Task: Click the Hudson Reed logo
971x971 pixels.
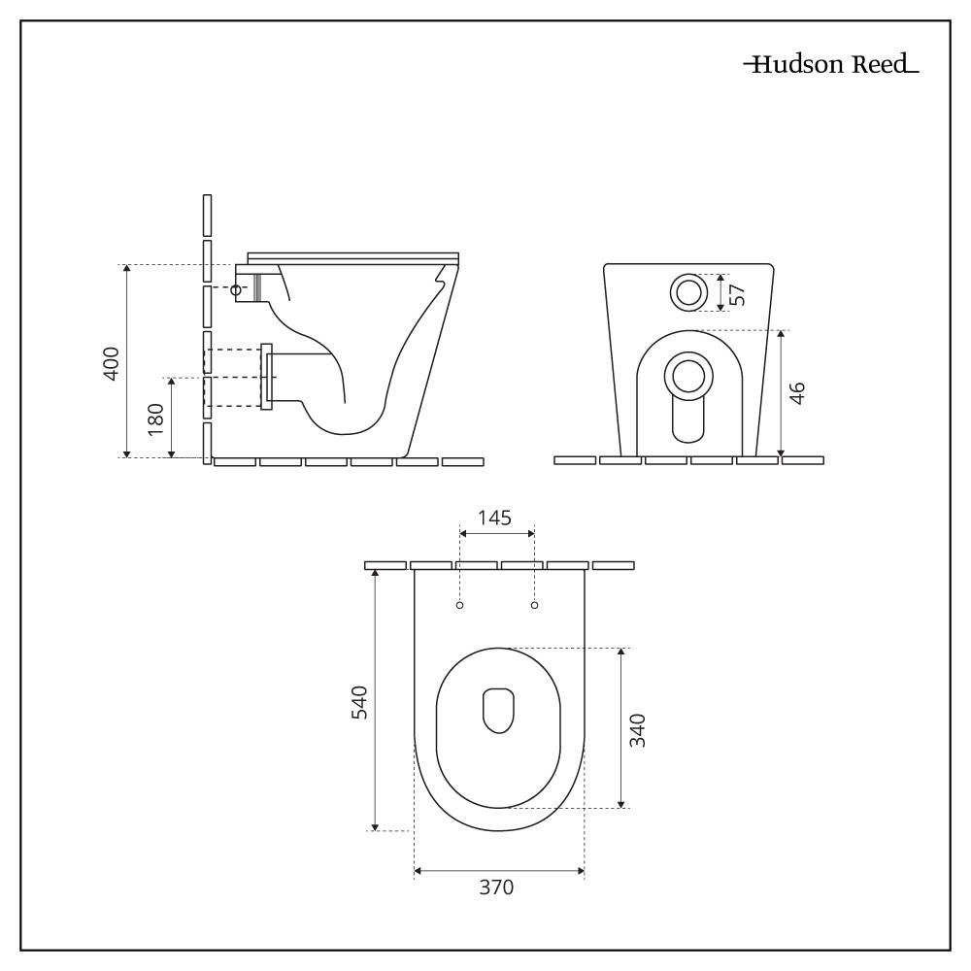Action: tap(831, 64)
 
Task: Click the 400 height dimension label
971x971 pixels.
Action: tap(112, 364)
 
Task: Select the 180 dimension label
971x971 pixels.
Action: tap(156, 419)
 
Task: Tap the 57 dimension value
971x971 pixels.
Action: tap(738, 294)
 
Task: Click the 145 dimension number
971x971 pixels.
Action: tap(495, 518)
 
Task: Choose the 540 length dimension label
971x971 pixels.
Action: tap(359, 702)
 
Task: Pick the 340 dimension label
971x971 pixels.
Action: tap(637, 730)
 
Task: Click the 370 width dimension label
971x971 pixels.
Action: tap(496, 887)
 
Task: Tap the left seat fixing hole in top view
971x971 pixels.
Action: tap(459, 605)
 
